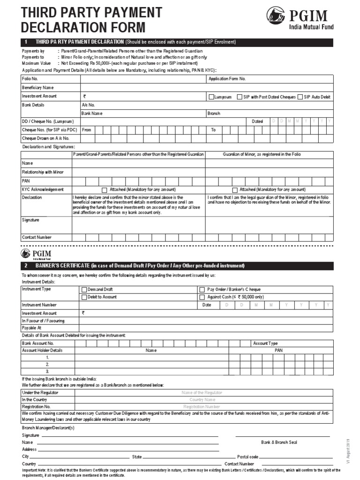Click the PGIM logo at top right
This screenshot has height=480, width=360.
point(299,19)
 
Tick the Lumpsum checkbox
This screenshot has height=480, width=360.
point(211,97)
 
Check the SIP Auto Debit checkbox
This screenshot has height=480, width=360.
point(300,97)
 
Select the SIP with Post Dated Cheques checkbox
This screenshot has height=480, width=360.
point(240,97)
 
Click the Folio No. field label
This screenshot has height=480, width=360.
point(30,79)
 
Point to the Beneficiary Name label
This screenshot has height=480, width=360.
point(38,87)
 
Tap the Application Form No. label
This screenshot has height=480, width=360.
point(227,79)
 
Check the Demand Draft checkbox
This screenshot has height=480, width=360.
point(84,290)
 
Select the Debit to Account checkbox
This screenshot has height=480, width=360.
point(84,297)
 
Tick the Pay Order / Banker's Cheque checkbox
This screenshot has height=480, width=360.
point(202,290)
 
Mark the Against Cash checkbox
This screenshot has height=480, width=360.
point(202,297)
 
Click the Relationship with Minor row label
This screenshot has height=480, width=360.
point(43,172)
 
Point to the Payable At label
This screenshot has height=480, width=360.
point(32,328)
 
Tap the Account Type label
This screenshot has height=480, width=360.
point(265,344)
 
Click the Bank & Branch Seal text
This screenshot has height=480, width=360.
point(278,442)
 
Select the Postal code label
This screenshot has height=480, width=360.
point(247,456)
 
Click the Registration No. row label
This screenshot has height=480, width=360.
point(36,407)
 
